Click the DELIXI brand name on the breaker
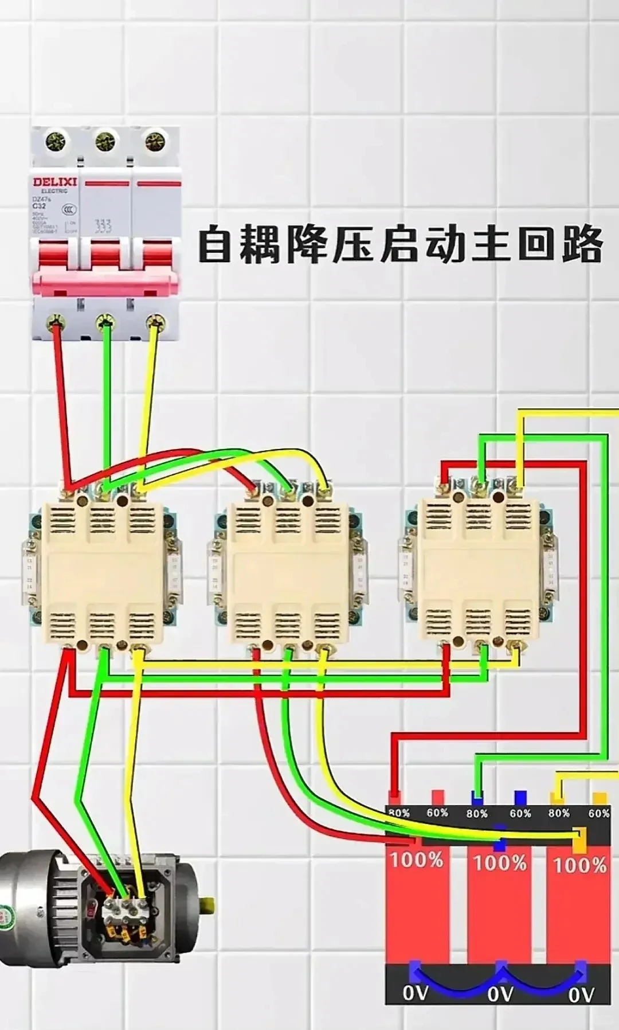coord(54,182)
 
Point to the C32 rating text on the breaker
coord(39,205)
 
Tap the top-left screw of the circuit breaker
coord(56,139)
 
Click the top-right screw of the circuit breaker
coord(154,141)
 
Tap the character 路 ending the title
coord(582,245)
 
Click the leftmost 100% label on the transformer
coord(417,860)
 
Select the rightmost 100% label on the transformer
coord(579,865)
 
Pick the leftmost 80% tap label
coord(399,813)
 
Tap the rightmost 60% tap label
coord(598,813)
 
